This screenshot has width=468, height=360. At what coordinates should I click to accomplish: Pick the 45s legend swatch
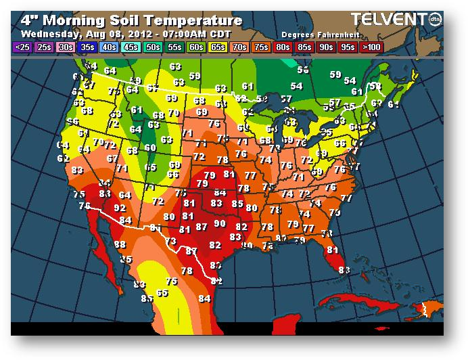coord(132,47)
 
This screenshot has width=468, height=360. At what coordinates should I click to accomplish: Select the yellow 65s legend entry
coord(218,47)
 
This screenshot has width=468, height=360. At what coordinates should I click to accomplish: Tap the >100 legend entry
coord(371,47)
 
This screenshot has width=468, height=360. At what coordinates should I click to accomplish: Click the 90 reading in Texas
coord(220,223)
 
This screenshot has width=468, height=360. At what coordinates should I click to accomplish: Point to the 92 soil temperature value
coord(120,208)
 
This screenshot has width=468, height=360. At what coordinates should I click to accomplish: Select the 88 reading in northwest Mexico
coord(120,244)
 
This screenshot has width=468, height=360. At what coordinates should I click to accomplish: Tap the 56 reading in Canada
coord(303,70)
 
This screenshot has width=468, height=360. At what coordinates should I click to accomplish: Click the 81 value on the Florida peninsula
coord(331,249)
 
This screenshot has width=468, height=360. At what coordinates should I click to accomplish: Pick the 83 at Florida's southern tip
coord(344,269)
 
